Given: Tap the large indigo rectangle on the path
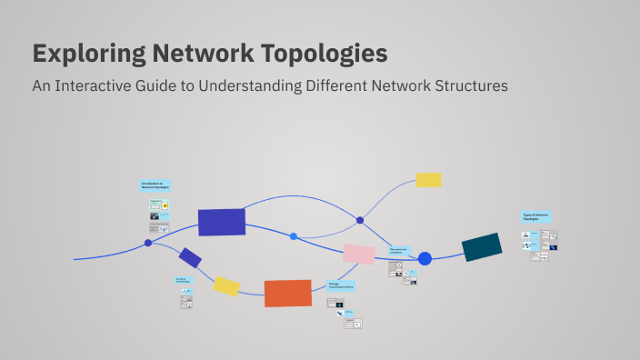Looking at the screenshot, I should coord(222,222).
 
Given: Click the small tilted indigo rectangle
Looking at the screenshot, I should coord(190,257).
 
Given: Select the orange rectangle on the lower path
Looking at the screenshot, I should coord(288,293).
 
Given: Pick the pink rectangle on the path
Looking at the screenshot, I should coord(359,254).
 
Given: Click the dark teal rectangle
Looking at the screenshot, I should coord(482,246).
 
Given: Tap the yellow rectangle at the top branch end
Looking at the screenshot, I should coord(428,180).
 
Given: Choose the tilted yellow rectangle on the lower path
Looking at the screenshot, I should coord(226,286).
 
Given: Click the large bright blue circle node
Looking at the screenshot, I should coord(425,259).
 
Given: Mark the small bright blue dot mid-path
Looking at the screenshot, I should coord(294,236).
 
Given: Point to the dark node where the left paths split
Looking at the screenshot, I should coord(148,243).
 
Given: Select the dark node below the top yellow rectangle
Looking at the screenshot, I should coord(360,220).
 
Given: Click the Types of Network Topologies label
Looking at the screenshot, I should coord(535,217).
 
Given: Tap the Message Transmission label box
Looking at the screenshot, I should coord(342,285).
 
